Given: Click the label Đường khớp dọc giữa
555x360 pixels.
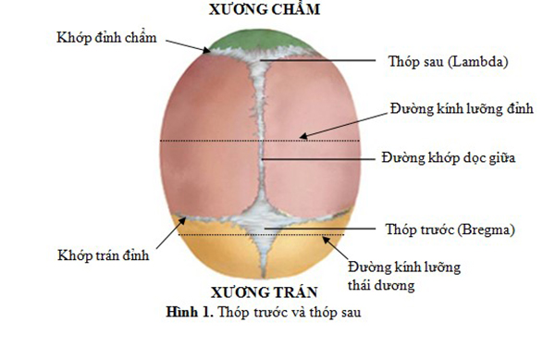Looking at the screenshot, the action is [x=449, y=158].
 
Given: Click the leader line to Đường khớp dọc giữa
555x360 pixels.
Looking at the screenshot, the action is [x=319, y=158].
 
